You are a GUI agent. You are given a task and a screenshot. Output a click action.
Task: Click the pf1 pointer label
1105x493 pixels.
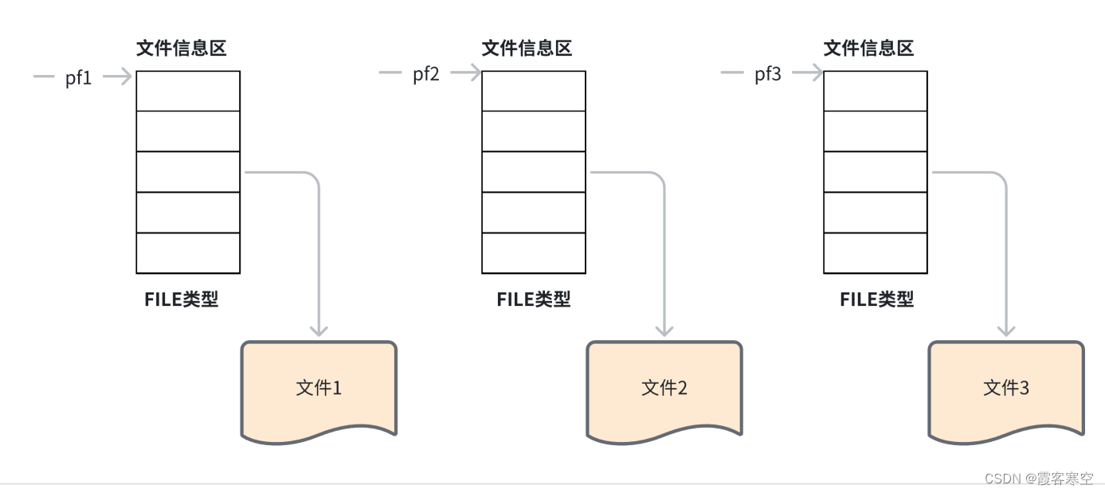[x=79, y=78]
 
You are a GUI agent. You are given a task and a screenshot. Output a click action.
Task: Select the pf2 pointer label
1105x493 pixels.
[x=425, y=75]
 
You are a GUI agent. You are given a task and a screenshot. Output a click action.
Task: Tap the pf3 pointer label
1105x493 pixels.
[x=768, y=75]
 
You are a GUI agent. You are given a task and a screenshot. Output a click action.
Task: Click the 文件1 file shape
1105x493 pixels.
[x=319, y=389]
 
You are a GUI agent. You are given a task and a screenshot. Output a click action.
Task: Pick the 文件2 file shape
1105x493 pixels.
[x=664, y=389]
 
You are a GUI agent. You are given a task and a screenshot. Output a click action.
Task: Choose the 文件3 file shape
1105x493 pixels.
[x=1006, y=389]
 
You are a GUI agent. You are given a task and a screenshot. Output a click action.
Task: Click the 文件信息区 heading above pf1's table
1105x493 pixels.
[x=182, y=49]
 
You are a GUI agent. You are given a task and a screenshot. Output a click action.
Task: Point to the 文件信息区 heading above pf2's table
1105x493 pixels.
[x=527, y=49]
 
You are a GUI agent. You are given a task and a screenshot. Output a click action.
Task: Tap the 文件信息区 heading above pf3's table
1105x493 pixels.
[x=869, y=49]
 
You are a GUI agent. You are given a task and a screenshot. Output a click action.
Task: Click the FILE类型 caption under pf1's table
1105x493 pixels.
[x=182, y=299]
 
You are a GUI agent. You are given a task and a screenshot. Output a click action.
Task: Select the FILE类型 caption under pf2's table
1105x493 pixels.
[x=534, y=299]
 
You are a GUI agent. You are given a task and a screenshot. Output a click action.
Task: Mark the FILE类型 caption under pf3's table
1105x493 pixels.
[x=877, y=299]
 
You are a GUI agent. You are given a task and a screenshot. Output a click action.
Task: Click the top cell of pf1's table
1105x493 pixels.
[x=188, y=91]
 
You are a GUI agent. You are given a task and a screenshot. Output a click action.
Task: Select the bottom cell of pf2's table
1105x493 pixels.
[x=534, y=252]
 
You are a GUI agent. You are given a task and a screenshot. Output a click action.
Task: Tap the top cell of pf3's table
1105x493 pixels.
[x=876, y=91]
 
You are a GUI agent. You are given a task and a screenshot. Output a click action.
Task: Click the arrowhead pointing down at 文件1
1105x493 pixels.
[x=319, y=328]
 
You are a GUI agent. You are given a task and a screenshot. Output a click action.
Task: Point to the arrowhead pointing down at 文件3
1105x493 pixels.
[x=1006, y=328]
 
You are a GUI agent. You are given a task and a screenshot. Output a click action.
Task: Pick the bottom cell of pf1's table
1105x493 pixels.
[x=188, y=252]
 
